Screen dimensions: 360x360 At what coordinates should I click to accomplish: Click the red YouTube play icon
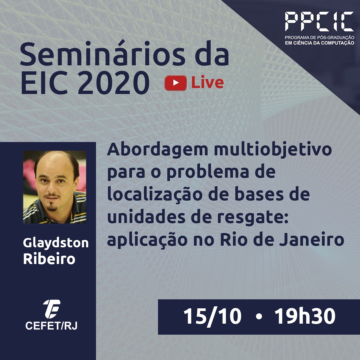175,83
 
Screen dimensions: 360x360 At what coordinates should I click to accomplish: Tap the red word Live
207,82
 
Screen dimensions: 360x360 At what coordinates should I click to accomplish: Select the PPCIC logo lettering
319,21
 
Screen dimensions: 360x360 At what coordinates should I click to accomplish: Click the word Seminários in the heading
102,53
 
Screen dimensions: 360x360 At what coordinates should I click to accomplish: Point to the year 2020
114,82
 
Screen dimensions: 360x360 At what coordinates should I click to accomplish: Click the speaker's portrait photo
55,187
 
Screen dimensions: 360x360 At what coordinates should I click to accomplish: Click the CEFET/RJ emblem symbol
52,309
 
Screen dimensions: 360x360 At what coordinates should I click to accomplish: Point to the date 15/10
212,316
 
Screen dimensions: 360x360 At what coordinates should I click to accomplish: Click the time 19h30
305,316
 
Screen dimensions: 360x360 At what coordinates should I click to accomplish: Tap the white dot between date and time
259,317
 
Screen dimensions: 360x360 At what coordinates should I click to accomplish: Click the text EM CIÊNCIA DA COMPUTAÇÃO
319,43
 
